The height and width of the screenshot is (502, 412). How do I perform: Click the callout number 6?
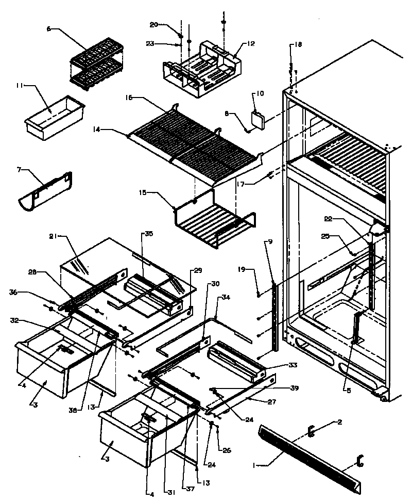[49, 29]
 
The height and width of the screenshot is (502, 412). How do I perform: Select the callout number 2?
[340, 422]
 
